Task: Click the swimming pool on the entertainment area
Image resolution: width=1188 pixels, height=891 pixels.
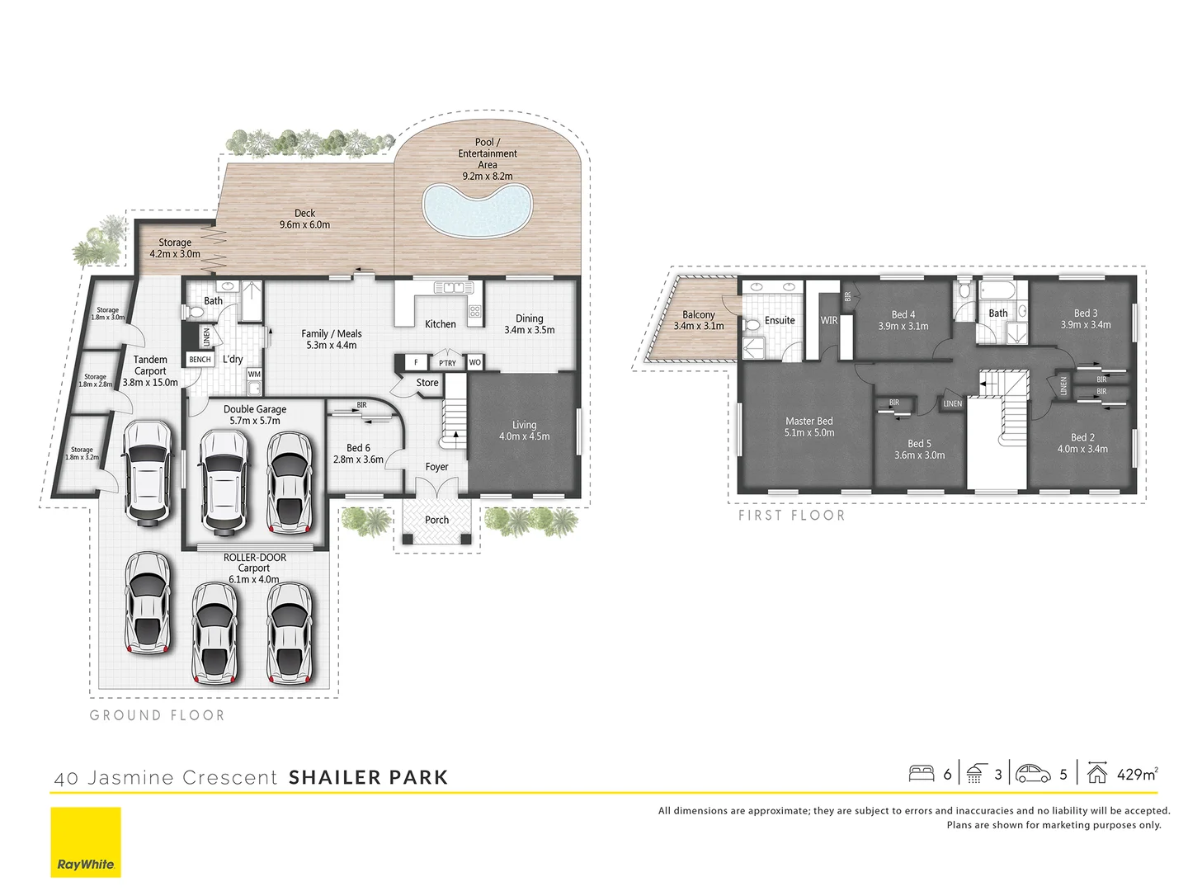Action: click(475, 210)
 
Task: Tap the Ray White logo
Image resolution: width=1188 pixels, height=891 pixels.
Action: click(86, 842)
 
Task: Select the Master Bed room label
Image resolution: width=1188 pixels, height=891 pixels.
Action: click(808, 422)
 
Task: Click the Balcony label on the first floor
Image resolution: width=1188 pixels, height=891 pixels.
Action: click(698, 315)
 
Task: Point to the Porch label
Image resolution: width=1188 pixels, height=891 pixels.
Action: click(436, 520)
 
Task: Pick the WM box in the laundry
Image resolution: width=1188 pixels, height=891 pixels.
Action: click(254, 375)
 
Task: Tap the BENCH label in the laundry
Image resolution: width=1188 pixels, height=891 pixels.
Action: click(200, 360)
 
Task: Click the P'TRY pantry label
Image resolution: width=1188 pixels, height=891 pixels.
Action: click(447, 363)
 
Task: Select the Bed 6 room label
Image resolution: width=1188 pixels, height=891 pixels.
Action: click(358, 448)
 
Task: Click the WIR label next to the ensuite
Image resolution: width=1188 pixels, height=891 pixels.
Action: click(829, 321)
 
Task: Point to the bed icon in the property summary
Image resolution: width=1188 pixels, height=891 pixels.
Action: click(921, 774)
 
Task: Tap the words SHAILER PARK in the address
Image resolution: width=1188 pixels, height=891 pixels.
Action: click(368, 777)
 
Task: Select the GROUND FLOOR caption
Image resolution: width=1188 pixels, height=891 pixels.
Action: click(157, 715)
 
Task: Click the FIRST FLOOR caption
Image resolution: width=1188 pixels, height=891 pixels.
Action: click(791, 516)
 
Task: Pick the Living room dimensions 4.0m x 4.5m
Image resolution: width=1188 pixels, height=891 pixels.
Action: click(524, 436)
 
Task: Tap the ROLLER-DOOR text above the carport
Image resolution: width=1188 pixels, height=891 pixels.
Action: click(255, 558)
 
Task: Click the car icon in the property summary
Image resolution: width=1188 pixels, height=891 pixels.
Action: click(1033, 774)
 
